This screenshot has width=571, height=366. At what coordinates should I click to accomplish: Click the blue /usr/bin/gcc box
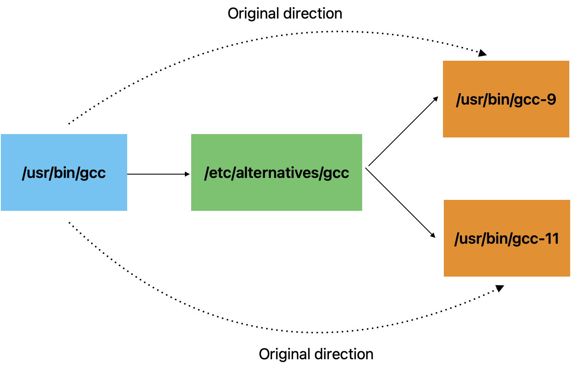[64, 172]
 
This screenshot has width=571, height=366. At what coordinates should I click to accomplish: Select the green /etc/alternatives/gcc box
[277, 172]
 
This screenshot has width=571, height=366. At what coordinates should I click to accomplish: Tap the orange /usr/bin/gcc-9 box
[506, 99]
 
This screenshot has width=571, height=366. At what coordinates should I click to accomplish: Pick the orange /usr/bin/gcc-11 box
[507, 238]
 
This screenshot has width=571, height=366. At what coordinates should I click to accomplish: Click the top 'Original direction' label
[285, 13]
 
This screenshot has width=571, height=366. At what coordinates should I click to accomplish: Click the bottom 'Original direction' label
[316, 354]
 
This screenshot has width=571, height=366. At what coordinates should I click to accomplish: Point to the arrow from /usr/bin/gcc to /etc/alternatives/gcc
[159, 174]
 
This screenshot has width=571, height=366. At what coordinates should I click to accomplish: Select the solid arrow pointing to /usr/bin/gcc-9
[403, 131]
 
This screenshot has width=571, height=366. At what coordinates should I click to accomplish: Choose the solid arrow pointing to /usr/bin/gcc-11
[400, 203]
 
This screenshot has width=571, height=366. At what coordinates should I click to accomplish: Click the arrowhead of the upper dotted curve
[482, 53]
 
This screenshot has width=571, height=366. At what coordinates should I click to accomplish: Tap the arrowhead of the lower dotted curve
[500, 288]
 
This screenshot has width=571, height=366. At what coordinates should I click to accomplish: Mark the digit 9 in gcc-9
[551, 99]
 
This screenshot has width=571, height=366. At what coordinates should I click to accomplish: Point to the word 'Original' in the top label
[253, 14]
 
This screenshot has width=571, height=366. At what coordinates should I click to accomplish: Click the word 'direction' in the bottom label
[344, 354]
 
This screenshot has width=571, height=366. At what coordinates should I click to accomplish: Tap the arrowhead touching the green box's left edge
[187, 174]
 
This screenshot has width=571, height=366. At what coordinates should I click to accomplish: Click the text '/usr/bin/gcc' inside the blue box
[64, 173]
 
